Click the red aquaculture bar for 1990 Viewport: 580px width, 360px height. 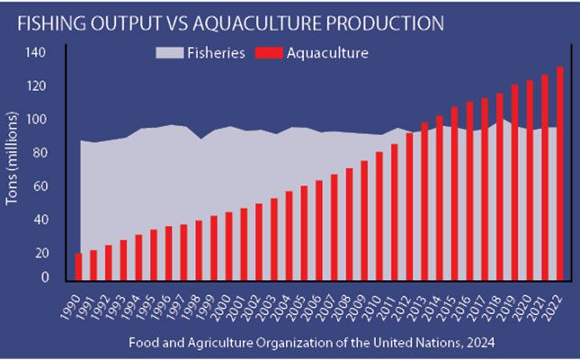click(x=79, y=266)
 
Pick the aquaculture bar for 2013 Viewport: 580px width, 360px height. click(x=425, y=202)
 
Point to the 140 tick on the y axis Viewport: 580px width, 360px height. click(x=35, y=52)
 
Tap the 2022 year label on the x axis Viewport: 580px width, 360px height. click(x=559, y=303)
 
